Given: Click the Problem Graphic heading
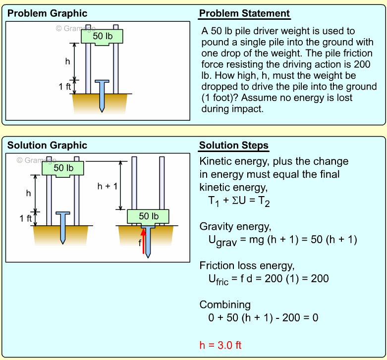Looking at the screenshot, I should (47, 13).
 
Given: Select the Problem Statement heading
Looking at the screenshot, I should (244, 13).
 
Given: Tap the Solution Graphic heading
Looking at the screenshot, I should (47, 145).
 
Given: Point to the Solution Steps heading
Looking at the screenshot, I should (234, 146).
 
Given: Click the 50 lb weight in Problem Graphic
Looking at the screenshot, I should (102, 36).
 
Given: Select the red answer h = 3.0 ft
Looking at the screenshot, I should (220, 345).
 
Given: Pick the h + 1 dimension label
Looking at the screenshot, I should (108, 186).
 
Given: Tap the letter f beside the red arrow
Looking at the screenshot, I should (140, 243).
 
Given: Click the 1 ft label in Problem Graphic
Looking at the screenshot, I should (65, 87).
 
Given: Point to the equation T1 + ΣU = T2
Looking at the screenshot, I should (239, 201).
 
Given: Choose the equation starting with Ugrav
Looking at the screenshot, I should (282, 240).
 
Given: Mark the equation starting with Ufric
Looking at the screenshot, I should (269, 279).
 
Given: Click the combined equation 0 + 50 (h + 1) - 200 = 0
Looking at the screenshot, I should (263, 317).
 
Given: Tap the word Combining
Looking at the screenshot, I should (225, 305).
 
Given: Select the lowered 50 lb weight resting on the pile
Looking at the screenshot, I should (148, 217).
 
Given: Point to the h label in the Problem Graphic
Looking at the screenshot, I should (68, 61).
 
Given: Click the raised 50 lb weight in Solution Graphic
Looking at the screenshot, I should (63, 168).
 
